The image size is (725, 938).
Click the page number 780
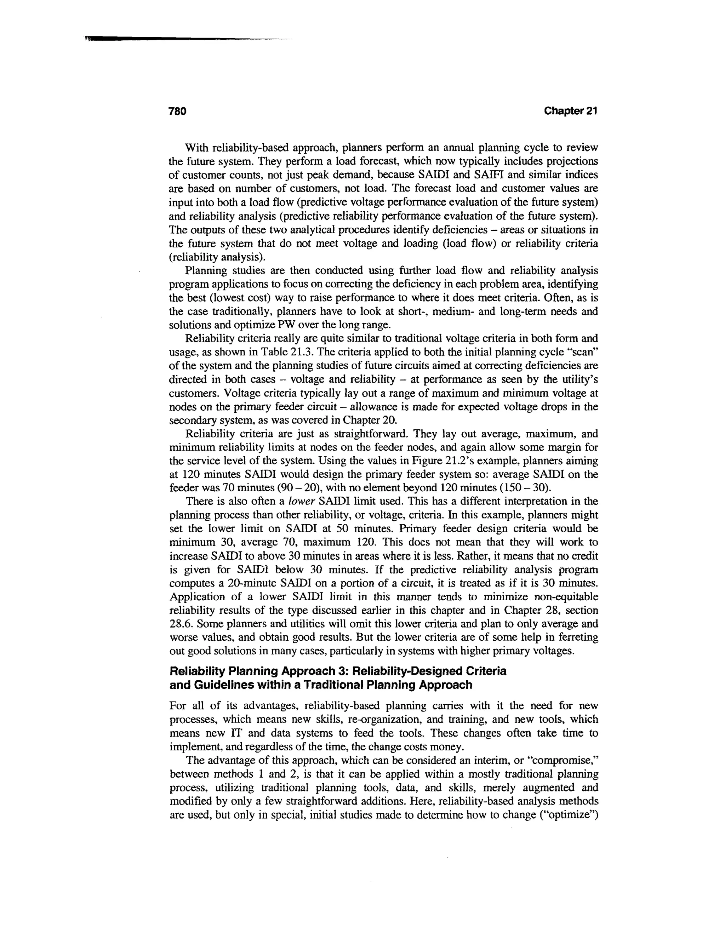tap(177, 111)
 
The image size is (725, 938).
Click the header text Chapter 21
tap(570, 111)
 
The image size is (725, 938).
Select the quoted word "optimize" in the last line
tap(573, 815)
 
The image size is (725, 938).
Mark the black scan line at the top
tap(172, 39)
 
